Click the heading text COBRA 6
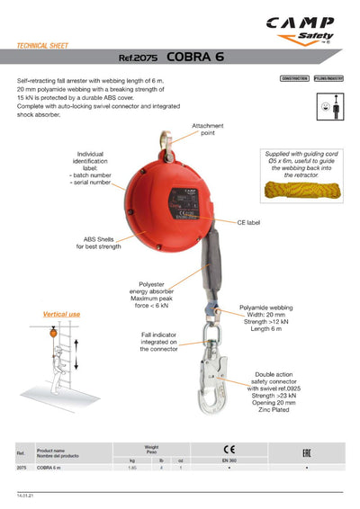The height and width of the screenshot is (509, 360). [195, 57]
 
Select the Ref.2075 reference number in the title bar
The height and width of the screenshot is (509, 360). [139, 58]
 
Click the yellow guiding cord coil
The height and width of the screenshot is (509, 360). [297, 190]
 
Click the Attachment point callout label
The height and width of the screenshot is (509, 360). [208, 129]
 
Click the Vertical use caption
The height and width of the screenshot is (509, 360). [62, 314]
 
